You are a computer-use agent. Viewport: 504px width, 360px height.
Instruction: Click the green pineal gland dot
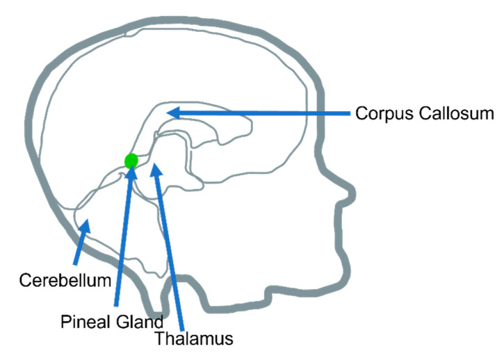(x=131, y=161)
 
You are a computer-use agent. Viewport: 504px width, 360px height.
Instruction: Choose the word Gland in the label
(x=143, y=322)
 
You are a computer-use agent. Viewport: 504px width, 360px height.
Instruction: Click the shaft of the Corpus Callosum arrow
(x=264, y=112)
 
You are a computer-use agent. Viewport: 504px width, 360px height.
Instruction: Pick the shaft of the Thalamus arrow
(x=170, y=250)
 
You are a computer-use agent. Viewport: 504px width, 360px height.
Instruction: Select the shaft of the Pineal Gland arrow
(x=122, y=243)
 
